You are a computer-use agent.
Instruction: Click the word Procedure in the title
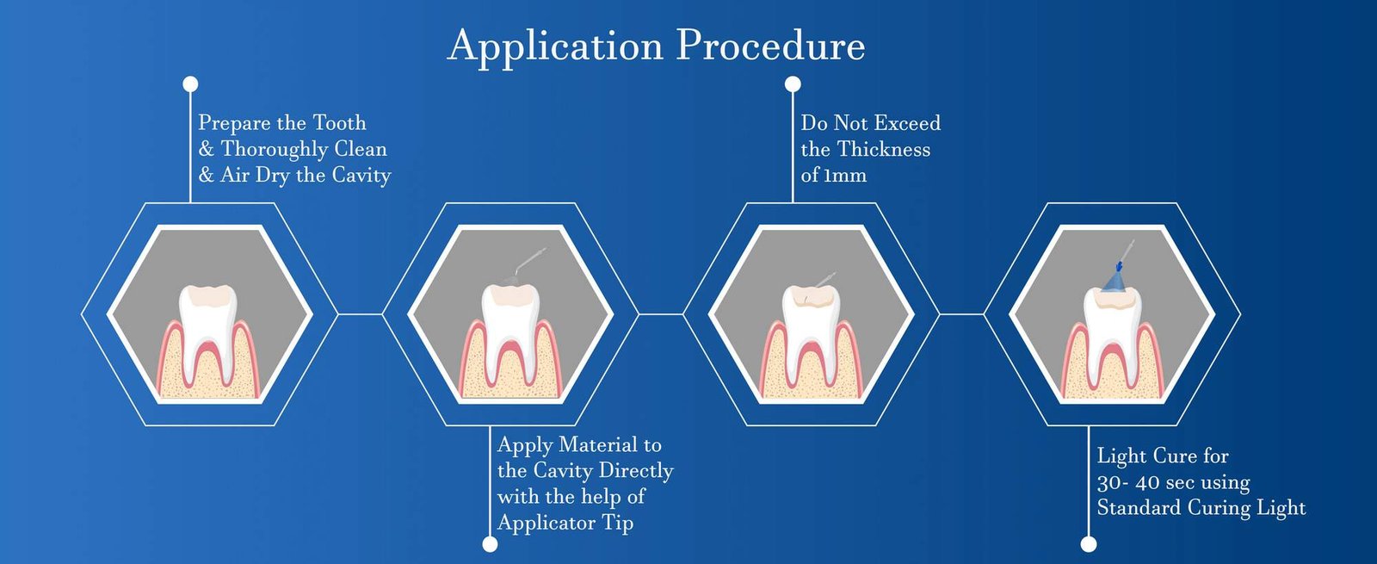tap(770, 46)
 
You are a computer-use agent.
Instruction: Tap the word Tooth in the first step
tap(339, 123)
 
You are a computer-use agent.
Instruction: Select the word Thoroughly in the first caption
tap(275, 150)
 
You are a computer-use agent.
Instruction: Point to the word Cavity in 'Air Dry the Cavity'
tap(361, 176)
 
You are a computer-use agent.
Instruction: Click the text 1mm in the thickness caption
tap(845, 176)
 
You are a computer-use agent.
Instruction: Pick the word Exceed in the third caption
tap(907, 123)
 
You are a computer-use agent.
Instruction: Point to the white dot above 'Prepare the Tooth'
tap(190, 84)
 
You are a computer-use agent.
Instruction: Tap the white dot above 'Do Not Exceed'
tap(793, 84)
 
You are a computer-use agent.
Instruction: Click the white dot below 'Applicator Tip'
tap(490, 544)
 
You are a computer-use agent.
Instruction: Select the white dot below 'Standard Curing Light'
tap(1089, 544)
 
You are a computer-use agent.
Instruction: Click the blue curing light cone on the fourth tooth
tap(1115, 280)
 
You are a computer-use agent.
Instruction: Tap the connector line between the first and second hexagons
tap(359, 314)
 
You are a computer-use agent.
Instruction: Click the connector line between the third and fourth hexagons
tap(961, 314)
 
